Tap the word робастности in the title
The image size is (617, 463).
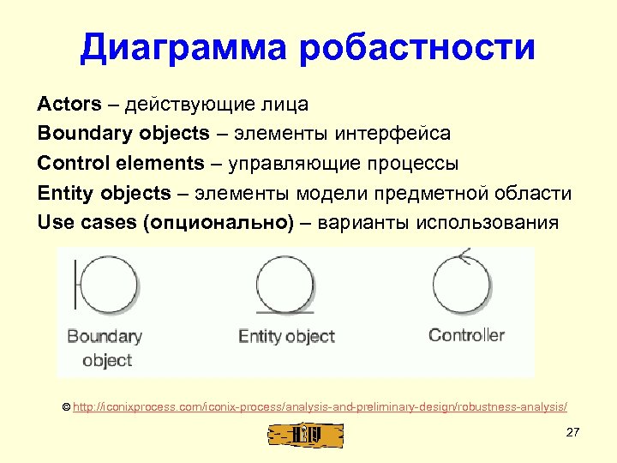pos(417,48)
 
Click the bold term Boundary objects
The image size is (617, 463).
pos(123,134)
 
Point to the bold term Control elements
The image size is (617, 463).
pos(121,163)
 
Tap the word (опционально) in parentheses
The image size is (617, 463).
pos(219,223)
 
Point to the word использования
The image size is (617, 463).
pos(486,223)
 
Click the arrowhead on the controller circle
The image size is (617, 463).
pos(463,255)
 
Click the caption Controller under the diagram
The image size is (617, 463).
pos(466,335)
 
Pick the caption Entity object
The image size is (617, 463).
pos(286,336)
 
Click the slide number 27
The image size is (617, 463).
pos(573,432)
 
